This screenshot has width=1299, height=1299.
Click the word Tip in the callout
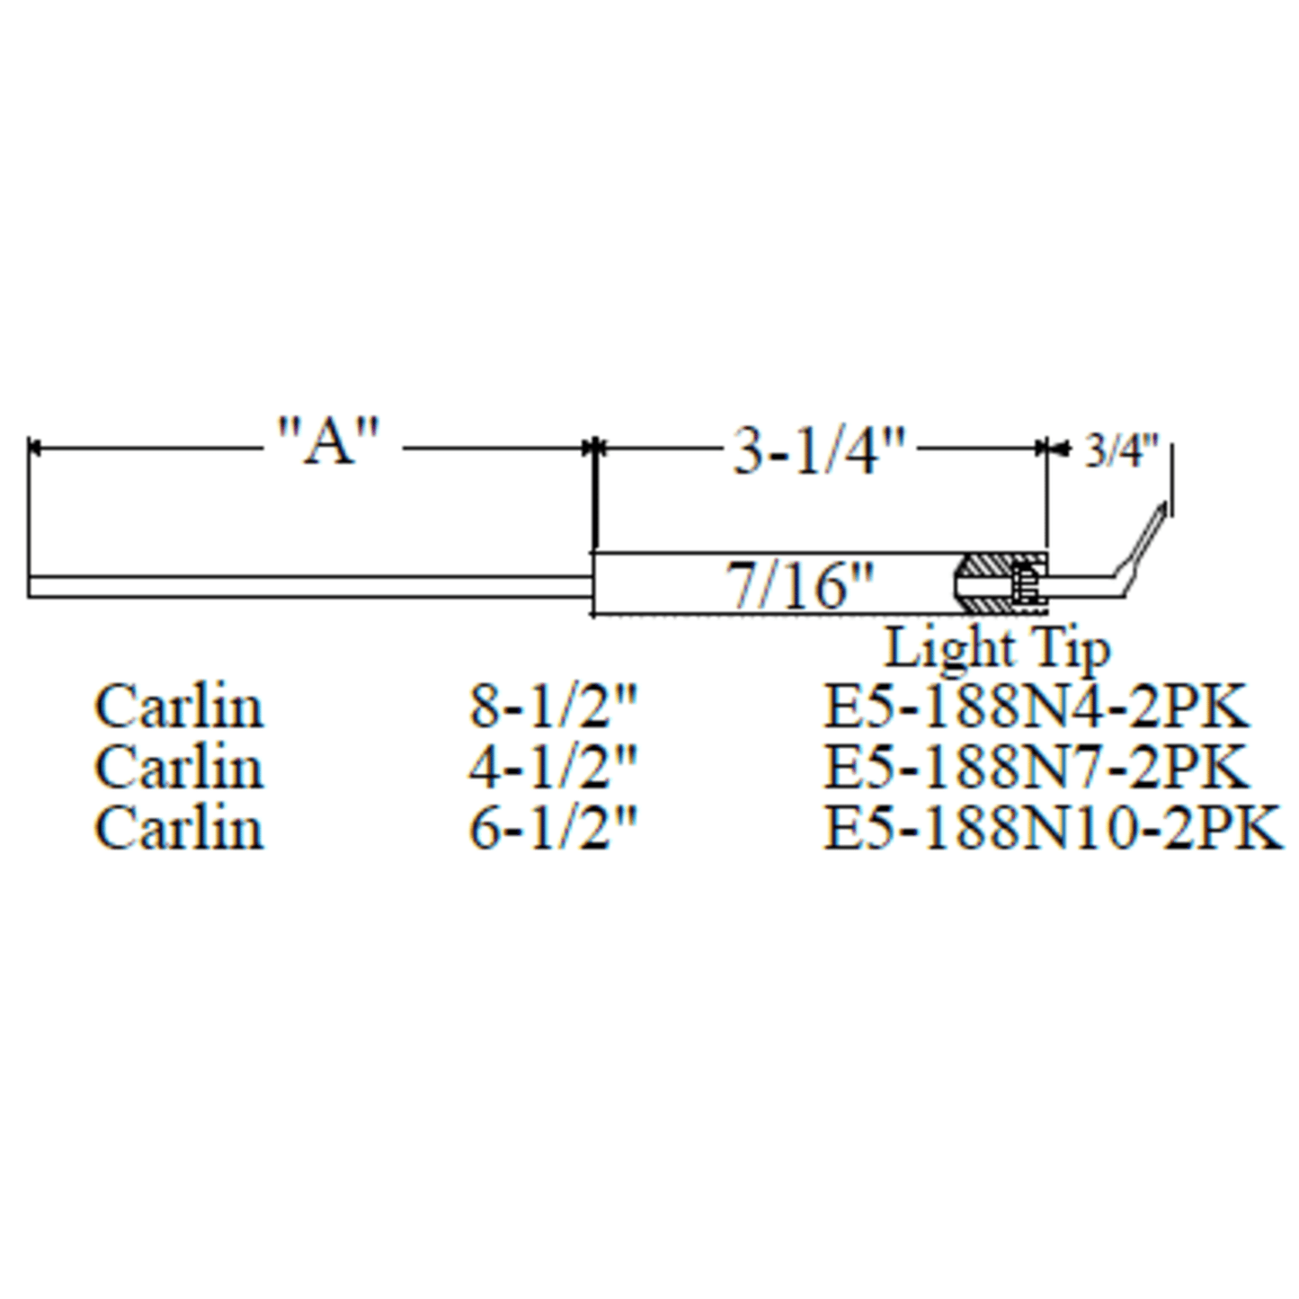click(x=1069, y=648)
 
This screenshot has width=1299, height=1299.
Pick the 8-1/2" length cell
click(x=552, y=707)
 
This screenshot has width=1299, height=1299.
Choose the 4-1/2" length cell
click(x=552, y=768)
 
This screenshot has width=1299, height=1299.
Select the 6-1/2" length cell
click(x=552, y=828)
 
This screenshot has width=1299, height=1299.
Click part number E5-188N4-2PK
click(x=1036, y=707)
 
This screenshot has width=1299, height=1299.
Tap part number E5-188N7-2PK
click(x=1036, y=768)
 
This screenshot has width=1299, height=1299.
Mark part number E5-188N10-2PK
click(x=1052, y=828)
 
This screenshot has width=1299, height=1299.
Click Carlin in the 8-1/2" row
click(x=179, y=707)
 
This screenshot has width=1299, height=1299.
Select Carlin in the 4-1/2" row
click(x=179, y=768)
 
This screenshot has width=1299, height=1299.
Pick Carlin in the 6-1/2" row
click(x=179, y=828)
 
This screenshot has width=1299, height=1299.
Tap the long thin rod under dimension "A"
click(x=306, y=587)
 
